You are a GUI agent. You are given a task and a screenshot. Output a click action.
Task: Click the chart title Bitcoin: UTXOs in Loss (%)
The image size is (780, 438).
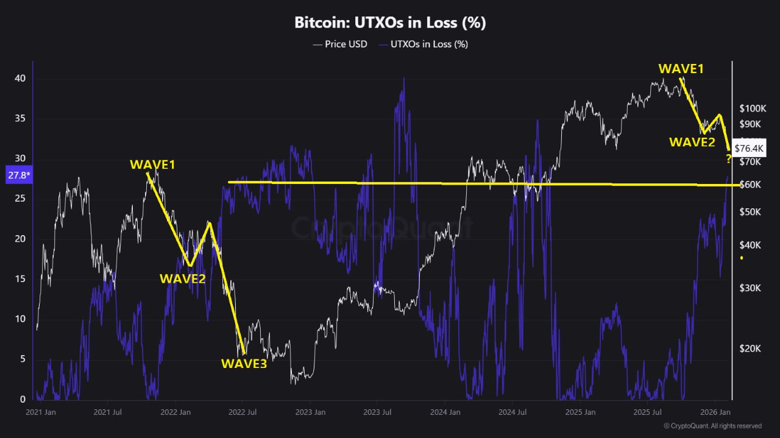(390, 23)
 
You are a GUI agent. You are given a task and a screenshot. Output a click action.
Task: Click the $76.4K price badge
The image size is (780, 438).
(749, 148)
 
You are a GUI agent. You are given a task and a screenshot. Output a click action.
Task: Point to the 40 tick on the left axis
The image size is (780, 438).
(20, 79)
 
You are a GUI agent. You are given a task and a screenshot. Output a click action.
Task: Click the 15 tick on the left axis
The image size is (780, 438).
(20, 279)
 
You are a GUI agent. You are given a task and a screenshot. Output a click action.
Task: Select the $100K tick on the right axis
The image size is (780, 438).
(752, 108)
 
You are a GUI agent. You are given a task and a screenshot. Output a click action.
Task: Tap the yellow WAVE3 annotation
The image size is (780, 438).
(243, 364)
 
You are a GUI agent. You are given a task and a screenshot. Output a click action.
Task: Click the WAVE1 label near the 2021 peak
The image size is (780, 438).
(152, 164)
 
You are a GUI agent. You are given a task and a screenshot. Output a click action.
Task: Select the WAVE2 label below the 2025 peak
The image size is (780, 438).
(692, 143)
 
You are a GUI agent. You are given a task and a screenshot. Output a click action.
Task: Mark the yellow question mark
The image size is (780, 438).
(728, 160)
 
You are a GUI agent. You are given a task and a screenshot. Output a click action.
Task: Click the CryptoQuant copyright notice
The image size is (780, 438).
(712, 426)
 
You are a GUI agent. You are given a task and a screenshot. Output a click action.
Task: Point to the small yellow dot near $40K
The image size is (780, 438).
(742, 258)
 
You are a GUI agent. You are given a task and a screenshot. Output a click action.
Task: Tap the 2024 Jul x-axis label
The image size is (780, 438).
(512, 412)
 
